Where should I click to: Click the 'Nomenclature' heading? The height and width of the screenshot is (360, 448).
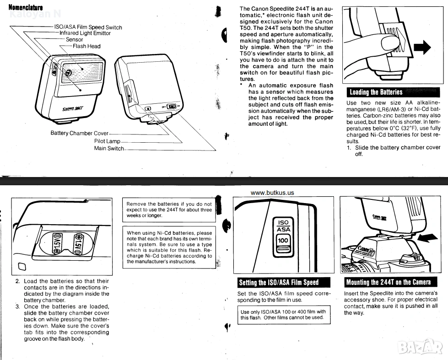click(x=26, y=8)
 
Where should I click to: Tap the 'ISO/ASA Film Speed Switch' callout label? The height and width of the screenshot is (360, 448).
click(x=88, y=27)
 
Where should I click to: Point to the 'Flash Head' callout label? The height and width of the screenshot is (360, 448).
click(x=86, y=46)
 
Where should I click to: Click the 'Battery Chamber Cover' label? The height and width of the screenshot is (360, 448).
click(x=79, y=133)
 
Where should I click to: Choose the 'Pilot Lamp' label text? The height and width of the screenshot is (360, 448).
click(x=107, y=141)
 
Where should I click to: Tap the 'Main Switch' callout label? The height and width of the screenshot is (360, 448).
click(x=109, y=148)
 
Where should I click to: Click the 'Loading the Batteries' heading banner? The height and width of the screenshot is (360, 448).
click(x=376, y=92)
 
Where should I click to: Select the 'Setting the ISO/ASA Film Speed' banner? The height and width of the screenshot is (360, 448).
click(x=278, y=282)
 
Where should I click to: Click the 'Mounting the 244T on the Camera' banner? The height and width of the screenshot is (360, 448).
click(x=388, y=282)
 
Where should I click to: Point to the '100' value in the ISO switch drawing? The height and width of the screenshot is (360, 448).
click(x=283, y=240)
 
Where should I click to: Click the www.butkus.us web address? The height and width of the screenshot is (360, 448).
click(x=272, y=193)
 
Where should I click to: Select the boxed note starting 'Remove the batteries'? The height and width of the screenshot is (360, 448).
click(x=169, y=210)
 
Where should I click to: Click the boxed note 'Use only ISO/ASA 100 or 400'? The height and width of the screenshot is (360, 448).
click(x=283, y=315)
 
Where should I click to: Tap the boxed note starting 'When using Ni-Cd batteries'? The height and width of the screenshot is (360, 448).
click(x=169, y=247)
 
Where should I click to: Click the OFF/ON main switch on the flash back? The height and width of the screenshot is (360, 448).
click(x=172, y=107)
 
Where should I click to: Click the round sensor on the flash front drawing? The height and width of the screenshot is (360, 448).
click(x=68, y=73)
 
